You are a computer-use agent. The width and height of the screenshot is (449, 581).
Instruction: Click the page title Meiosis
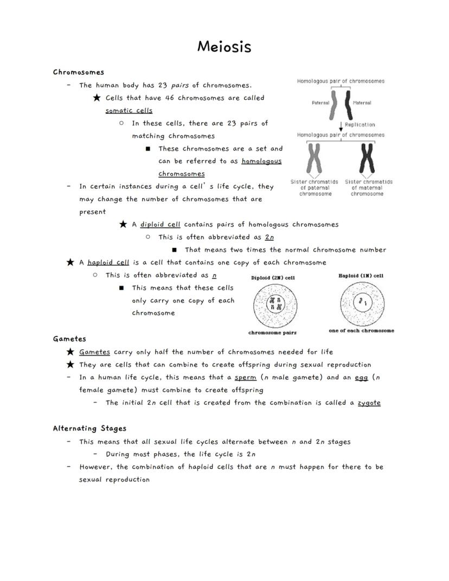pyautogui.click(x=224, y=47)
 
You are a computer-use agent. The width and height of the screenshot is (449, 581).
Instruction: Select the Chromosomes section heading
pyautogui.click(x=79, y=72)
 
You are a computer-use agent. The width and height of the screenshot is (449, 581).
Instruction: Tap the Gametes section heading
pyautogui.click(x=69, y=339)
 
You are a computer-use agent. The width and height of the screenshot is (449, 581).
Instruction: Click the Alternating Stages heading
pyautogui.click(x=89, y=429)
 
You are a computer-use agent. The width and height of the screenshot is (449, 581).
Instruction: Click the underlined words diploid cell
pyautogui.click(x=160, y=225)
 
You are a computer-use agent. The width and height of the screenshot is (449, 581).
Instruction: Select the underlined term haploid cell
pyautogui.click(x=108, y=263)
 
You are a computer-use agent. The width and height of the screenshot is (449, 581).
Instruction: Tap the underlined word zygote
pyautogui.click(x=369, y=403)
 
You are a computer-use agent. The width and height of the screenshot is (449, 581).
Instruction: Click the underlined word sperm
pyautogui.click(x=245, y=378)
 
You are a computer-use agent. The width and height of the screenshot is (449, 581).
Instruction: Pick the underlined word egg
pyautogui.click(x=361, y=378)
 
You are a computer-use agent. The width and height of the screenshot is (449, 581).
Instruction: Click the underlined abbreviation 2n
pyautogui.click(x=270, y=237)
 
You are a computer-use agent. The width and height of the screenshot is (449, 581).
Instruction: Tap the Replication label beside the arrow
pyautogui.click(x=360, y=125)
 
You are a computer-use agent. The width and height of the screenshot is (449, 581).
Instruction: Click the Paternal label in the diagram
pyautogui.click(x=320, y=103)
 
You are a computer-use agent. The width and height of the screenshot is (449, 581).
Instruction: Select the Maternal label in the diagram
pyautogui.click(x=362, y=103)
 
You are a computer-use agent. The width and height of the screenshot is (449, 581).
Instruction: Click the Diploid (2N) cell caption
pyautogui.click(x=273, y=278)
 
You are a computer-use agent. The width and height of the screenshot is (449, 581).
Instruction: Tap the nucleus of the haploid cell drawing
pyautogui.click(x=361, y=302)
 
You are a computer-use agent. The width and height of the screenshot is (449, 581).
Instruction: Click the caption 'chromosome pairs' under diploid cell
pyautogui.click(x=272, y=333)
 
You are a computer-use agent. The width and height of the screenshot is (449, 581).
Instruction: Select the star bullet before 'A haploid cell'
pyautogui.click(x=70, y=263)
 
